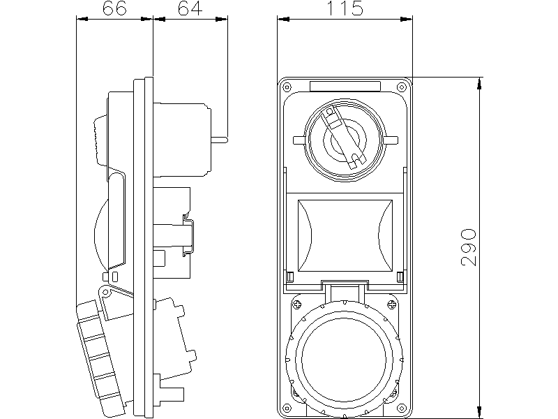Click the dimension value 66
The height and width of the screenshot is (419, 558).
114,8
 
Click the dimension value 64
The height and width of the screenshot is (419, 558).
190,8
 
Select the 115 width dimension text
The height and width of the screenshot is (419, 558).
345,8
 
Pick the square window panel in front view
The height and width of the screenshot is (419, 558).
344,236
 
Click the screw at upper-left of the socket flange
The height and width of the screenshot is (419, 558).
296,304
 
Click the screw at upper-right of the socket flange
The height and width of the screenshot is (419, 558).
392,304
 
